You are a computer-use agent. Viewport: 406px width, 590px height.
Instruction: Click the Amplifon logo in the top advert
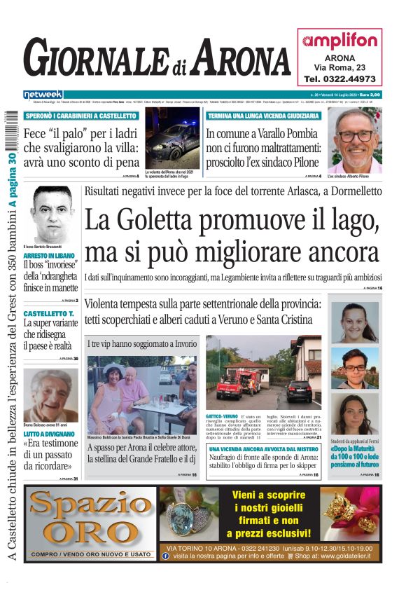coord(339,41)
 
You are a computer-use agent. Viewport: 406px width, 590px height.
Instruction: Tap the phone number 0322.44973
coord(339,78)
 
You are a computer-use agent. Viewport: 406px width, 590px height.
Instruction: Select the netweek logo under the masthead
coord(43,94)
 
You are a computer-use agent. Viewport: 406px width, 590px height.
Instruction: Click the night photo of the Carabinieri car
coord(172,137)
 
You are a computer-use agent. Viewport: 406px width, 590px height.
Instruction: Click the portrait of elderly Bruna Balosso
coord(50,395)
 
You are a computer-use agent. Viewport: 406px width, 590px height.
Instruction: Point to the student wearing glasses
coord(354,369)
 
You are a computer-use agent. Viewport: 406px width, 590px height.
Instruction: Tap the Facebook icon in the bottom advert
coord(165,556)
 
